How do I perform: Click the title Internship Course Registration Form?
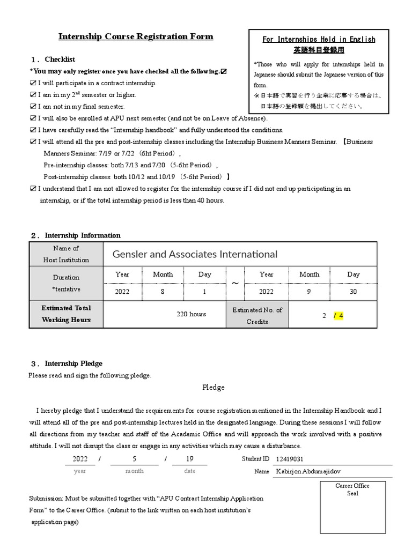(136, 37)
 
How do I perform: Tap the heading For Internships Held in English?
(319, 40)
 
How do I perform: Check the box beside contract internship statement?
(33, 83)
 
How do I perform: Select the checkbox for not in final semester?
(33, 107)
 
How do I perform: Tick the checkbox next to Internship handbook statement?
(33, 130)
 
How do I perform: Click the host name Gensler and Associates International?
(195, 254)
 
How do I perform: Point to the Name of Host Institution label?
(66, 254)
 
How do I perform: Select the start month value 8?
(163, 292)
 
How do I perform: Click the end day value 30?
(353, 292)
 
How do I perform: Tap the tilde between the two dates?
(235, 283)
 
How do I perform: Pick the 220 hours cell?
(191, 314)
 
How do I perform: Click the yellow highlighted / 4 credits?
(339, 316)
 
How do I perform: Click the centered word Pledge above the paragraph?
(213, 388)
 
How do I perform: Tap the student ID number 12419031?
(289, 459)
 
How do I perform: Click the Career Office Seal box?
(352, 511)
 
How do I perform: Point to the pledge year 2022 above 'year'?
(80, 459)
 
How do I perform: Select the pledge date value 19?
(190, 459)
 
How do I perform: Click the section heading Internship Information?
(83, 235)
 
